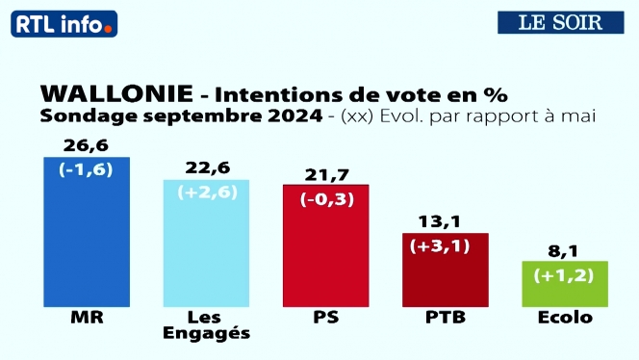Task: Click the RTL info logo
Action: click(x=64, y=23)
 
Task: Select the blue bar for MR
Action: click(x=88, y=241)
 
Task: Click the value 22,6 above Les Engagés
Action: click(x=206, y=168)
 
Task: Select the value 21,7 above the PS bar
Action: click(x=325, y=173)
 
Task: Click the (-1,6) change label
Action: click(x=88, y=171)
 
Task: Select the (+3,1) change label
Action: click(x=445, y=246)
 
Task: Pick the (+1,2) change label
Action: click(x=564, y=274)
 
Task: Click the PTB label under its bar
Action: click(x=445, y=319)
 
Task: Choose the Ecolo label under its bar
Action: click(x=564, y=319)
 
